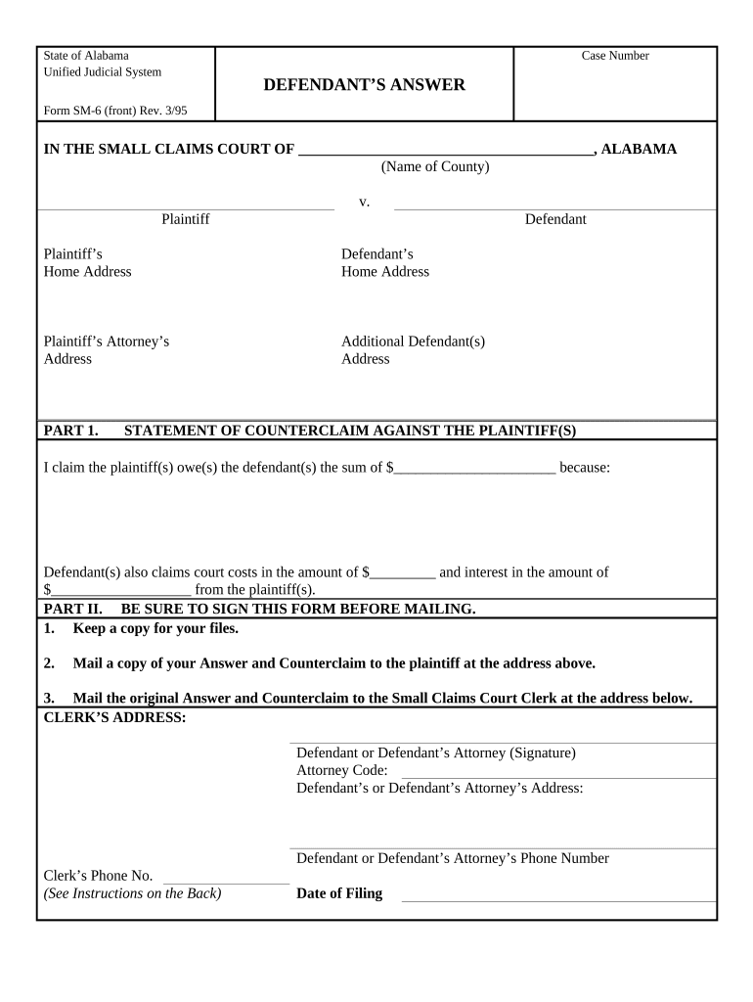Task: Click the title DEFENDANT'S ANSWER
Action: (x=364, y=85)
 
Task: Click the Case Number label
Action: (x=615, y=56)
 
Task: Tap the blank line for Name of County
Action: (x=445, y=150)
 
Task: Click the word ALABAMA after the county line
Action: (x=638, y=150)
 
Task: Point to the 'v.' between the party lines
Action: (x=364, y=202)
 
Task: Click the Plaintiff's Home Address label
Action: (x=87, y=262)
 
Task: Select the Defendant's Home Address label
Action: (x=384, y=262)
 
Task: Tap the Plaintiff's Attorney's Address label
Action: (x=107, y=350)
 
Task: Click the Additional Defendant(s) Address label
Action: (x=413, y=350)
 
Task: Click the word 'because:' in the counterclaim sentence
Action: (x=584, y=468)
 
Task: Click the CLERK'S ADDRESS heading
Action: (x=114, y=717)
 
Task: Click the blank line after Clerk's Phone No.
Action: (x=226, y=877)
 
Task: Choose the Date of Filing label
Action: (x=339, y=893)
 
